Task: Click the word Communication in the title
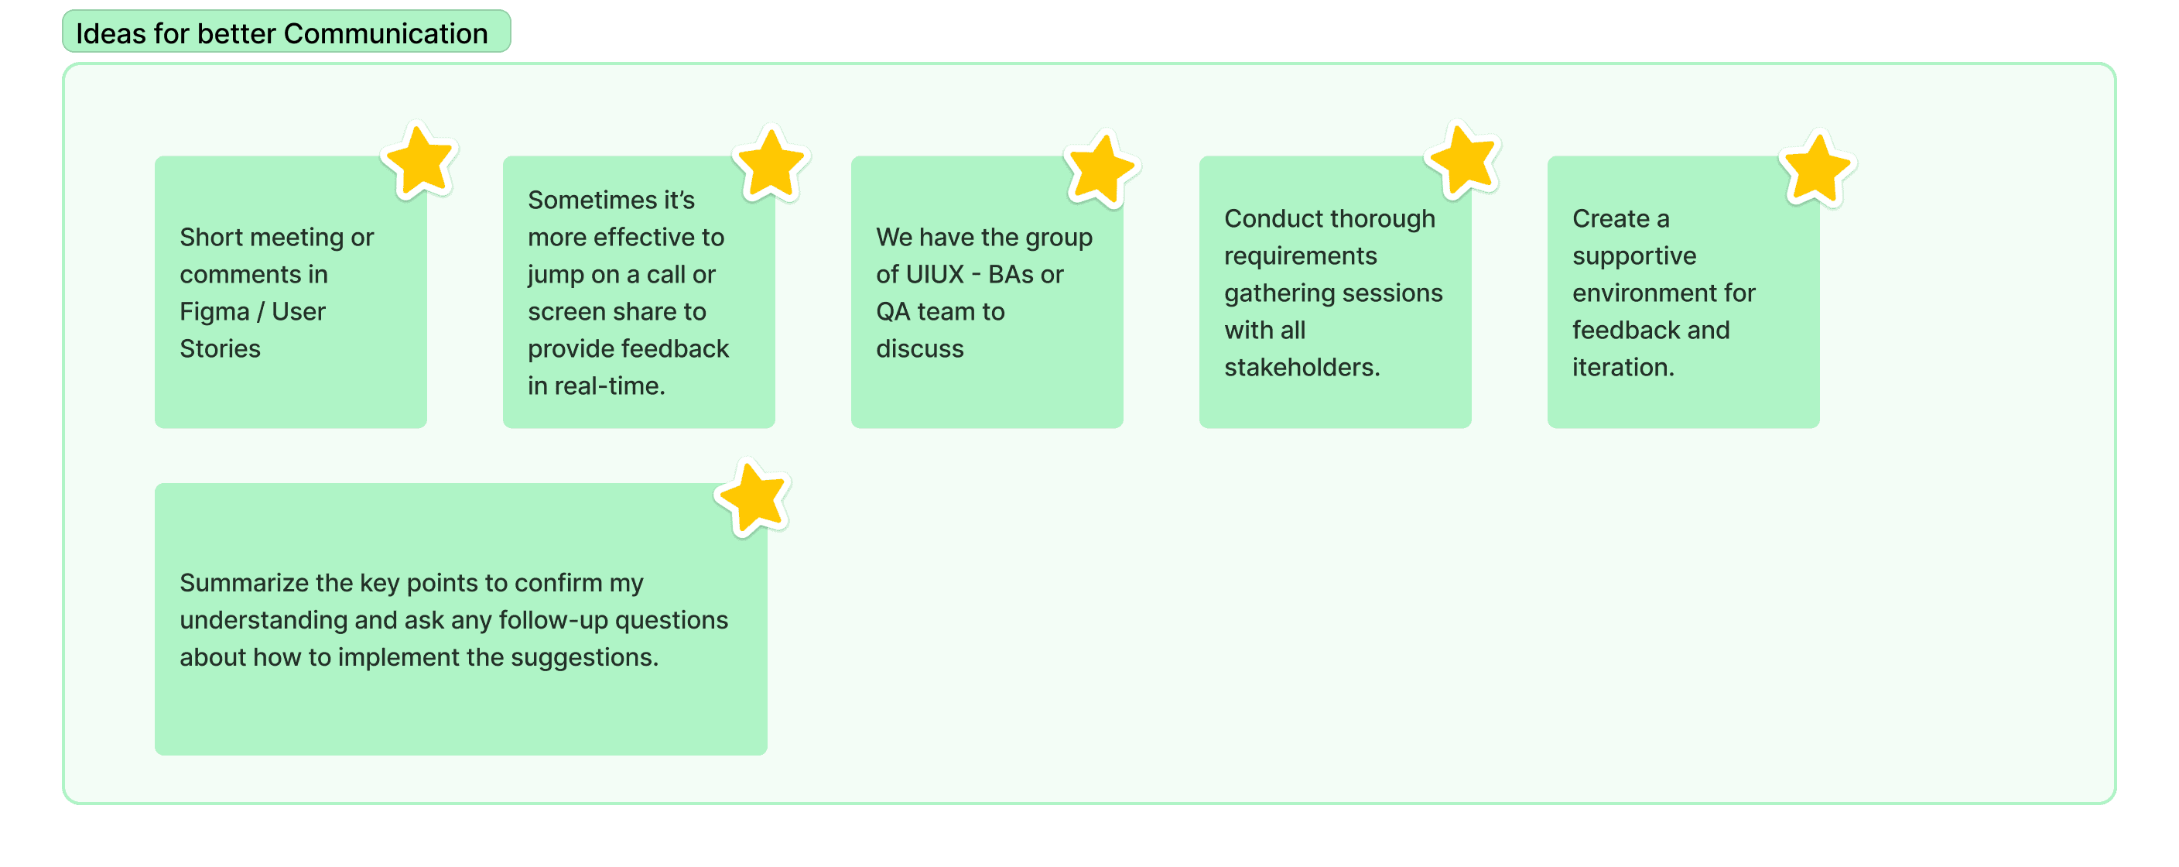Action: pyautogui.click(x=385, y=34)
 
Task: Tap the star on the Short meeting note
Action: pyautogui.click(x=419, y=161)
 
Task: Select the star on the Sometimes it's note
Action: pyautogui.click(x=771, y=164)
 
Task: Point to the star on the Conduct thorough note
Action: pyautogui.click(x=1462, y=160)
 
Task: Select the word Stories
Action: pyautogui.click(x=220, y=348)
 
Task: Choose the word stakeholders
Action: pyautogui.click(x=1302, y=368)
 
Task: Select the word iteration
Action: pyautogui.click(x=1623, y=368)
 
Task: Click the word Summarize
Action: pyautogui.click(x=244, y=583)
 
